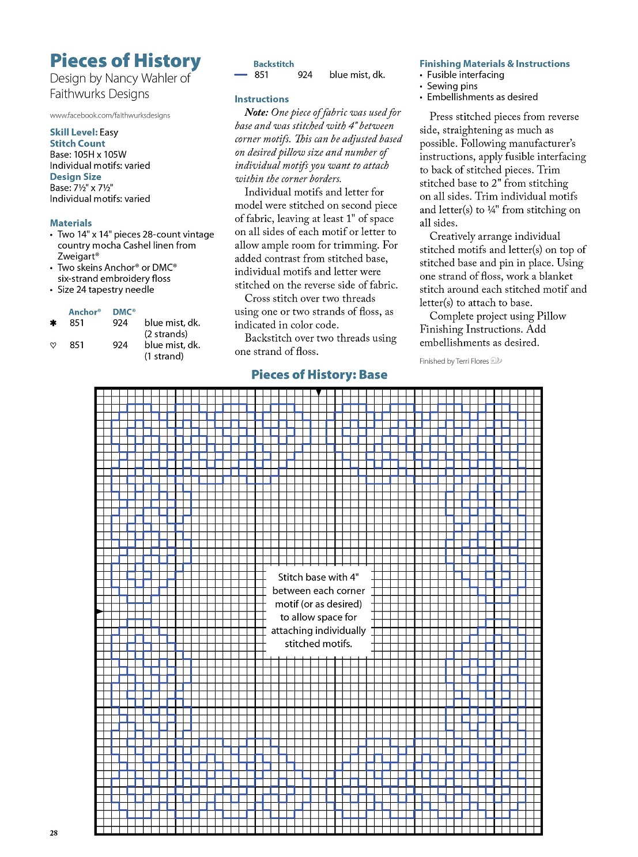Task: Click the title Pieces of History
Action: click(x=125, y=61)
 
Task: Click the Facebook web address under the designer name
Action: click(x=110, y=115)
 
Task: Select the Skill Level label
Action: click(x=73, y=132)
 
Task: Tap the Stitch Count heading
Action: click(x=77, y=144)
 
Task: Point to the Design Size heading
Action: click(x=75, y=177)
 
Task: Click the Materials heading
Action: click(x=70, y=223)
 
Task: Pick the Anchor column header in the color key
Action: click(x=84, y=312)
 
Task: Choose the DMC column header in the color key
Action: click(x=124, y=312)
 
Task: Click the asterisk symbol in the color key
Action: click(x=54, y=323)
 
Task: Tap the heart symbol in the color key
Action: click(x=54, y=345)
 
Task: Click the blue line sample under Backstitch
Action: click(x=241, y=75)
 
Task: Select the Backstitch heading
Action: click(x=273, y=64)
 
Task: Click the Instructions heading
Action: click(x=261, y=99)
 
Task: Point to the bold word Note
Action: click(x=256, y=112)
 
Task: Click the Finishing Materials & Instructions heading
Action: click(x=494, y=64)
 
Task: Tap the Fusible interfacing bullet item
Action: click(x=465, y=75)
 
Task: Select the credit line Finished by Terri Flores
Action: click(x=454, y=361)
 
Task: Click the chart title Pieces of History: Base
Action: click(x=319, y=375)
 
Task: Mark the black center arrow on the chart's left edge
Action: click(x=99, y=611)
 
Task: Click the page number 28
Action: click(x=54, y=833)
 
